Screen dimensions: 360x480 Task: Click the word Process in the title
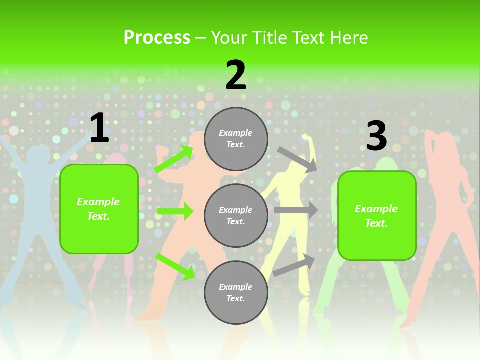pos(157,38)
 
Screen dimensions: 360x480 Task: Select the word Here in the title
pos(348,38)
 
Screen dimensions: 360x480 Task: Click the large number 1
pos(99,128)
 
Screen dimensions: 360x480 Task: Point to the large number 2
pos(236,75)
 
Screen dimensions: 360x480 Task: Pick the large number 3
pos(376,136)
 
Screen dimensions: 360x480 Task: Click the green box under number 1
pos(99,209)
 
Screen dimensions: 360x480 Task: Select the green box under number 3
pos(377,215)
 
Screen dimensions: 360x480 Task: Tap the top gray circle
pos(236,139)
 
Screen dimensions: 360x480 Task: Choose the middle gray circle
pos(236,215)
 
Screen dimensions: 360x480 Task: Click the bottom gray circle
pos(236,292)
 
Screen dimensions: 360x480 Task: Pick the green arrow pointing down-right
pos(175,266)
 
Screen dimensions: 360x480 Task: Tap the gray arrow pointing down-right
pos(297,159)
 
